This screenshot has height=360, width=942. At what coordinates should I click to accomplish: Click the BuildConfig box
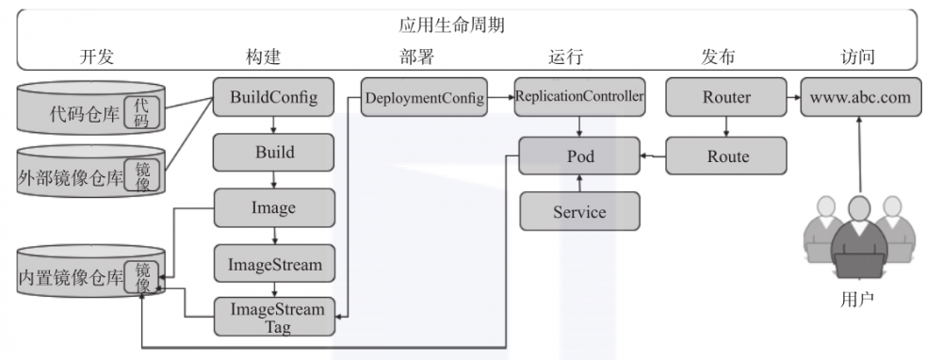tap(274, 96)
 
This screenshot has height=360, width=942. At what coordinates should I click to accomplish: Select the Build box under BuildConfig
tap(274, 152)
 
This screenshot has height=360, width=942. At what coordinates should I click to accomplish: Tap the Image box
tap(274, 207)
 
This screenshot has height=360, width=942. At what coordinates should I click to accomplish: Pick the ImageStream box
tap(274, 264)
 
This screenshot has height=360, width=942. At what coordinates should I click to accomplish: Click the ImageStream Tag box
tap(274, 318)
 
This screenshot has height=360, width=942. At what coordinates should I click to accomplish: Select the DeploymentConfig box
tap(424, 97)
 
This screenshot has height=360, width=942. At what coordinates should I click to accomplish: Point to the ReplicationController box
tap(579, 96)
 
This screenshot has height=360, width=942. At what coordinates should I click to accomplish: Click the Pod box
tap(579, 155)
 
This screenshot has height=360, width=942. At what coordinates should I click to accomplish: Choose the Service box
tap(579, 211)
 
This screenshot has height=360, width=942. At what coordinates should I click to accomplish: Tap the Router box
tap(725, 97)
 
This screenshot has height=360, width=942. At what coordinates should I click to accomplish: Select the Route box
tap(725, 155)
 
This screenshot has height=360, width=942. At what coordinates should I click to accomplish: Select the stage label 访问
tap(857, 57)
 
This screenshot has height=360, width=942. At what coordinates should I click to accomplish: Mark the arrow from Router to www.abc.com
tap(792, 97)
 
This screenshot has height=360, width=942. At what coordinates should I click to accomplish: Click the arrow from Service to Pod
tap(579, 183)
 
